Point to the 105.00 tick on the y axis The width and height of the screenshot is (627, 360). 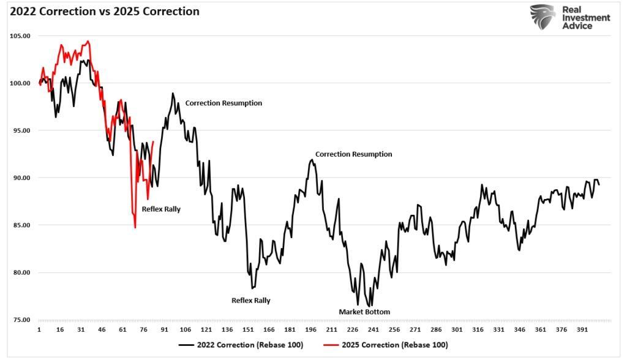pyautogui.click(x=20, y=36)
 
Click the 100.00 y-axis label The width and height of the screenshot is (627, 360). pyautogui.click(x=20, y=83)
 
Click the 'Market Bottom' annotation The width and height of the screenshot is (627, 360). pyautogui.click(x=364, y=312)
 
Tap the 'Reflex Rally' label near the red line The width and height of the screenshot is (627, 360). pyautogui.click(x=161, y=209)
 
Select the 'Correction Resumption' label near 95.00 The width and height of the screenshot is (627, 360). pyautogui.click(x=223, y=103)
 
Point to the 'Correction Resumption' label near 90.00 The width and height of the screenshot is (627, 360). pyautogui.click(x=353, y=154)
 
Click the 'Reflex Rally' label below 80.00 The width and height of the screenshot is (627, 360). pyautogui.click(x=250, y=301)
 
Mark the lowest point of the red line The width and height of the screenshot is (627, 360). pyautogui.click(x=135, y=228)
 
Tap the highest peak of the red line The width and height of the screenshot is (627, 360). pyautogui.click(x=88, y=41)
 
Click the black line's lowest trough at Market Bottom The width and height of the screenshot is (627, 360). pyautogui.click(x=369, y=306)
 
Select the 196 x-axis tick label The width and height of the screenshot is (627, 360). pyautogui.click(x=310, y=329)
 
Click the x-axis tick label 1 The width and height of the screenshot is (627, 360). pyautogui.click(x=39, y=329)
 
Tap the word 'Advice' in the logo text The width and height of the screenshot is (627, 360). pyautogui.click(x=579, y=26)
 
